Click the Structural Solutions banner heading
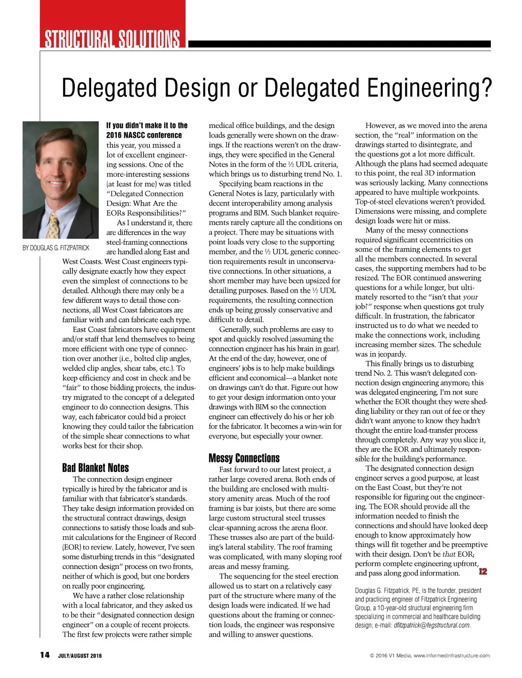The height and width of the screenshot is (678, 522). (112, 39)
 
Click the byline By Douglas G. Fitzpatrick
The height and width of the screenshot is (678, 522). (56, 248)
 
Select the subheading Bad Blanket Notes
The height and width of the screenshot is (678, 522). (95, 468)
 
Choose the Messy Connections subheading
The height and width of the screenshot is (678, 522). (244, 458)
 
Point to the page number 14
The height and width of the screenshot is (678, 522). (45, 655)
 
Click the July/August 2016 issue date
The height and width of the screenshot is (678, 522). (80, 656)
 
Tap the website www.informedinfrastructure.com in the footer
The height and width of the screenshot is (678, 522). (452, 656)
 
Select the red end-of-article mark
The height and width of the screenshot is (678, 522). (483, 571)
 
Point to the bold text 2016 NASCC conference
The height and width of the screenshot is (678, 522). (144, 135)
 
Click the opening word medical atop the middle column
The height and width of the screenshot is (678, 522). (222, 125)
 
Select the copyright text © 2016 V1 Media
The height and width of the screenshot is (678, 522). (390, 656)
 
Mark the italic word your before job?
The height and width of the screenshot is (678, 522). (470, 297)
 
